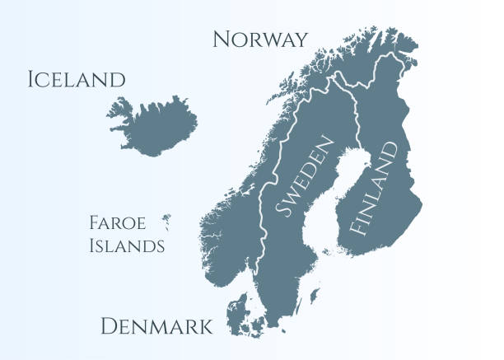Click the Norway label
click(260, 39)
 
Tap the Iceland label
click(76, 80)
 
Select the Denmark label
click(156, 327)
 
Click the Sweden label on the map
click(305, 177)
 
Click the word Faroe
click(117, 222)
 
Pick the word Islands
click(126, 245)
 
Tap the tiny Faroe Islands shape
click(166, 221)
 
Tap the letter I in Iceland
click(30, 80)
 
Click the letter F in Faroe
click(92, 222)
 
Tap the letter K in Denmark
click(204, 327)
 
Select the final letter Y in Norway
click(301, 39)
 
